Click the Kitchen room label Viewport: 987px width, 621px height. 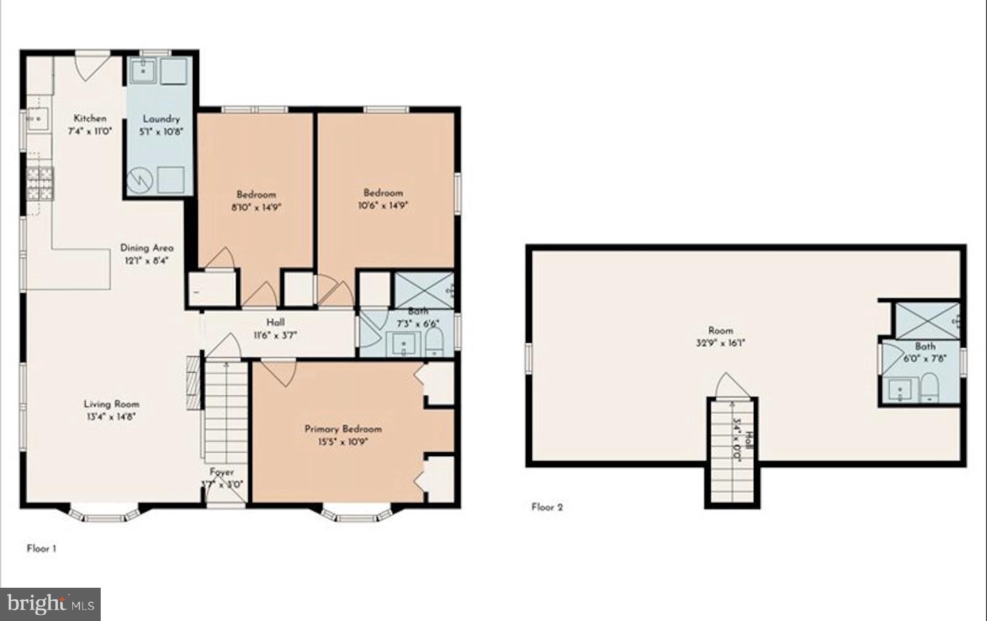(x=90, y=118)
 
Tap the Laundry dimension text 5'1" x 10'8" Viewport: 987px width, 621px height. (x=161, y=132)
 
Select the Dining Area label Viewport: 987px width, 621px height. (x=147, y=248)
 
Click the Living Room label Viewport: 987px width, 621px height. (x=111, y=404)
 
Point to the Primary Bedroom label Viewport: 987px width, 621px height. (x=343, y=429)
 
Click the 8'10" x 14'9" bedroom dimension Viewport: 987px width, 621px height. (x=256, y=208)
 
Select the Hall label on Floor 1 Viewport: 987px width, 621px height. (x=275, y=322)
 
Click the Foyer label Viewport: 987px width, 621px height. (x=222, y=472)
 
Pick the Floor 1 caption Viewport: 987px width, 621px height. (x=41, y=548)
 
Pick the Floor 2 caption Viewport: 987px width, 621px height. (x=547, y=507)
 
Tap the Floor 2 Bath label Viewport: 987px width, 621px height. (x=925, y=346)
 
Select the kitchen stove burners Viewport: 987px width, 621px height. (x=40, y=183)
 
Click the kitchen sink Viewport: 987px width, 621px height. (x=37, y=119)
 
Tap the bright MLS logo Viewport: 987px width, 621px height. (x=50, y=604)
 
